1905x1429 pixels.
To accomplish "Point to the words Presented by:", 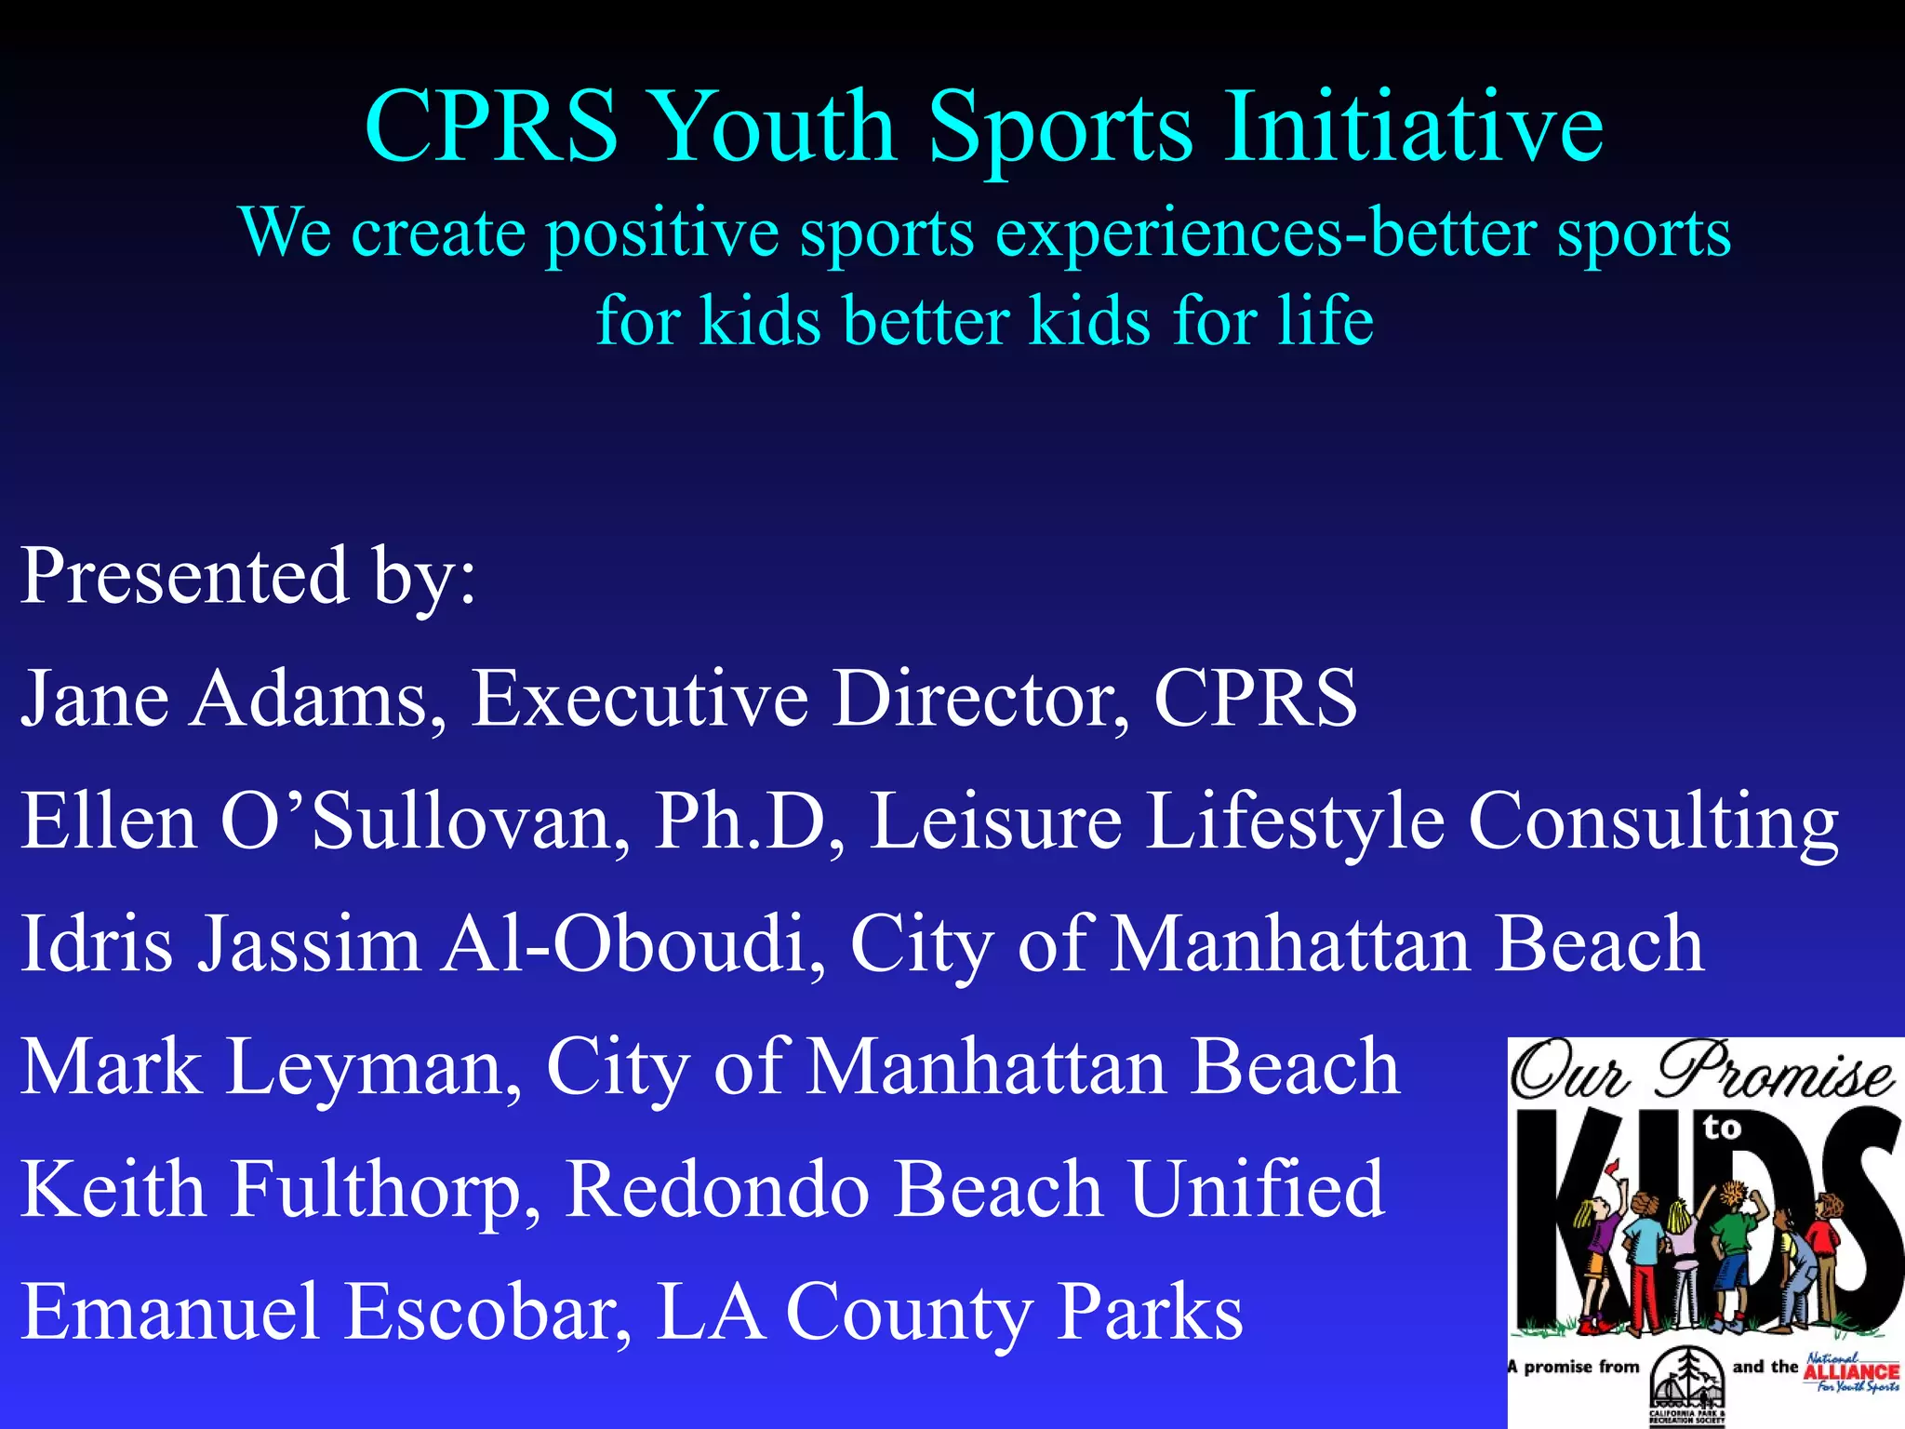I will [248, 577].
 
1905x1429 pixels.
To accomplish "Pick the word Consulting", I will [1653, 822].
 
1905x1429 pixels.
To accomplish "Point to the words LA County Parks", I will [949, 1312].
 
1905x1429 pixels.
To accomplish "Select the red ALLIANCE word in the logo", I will [1850, 1371].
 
